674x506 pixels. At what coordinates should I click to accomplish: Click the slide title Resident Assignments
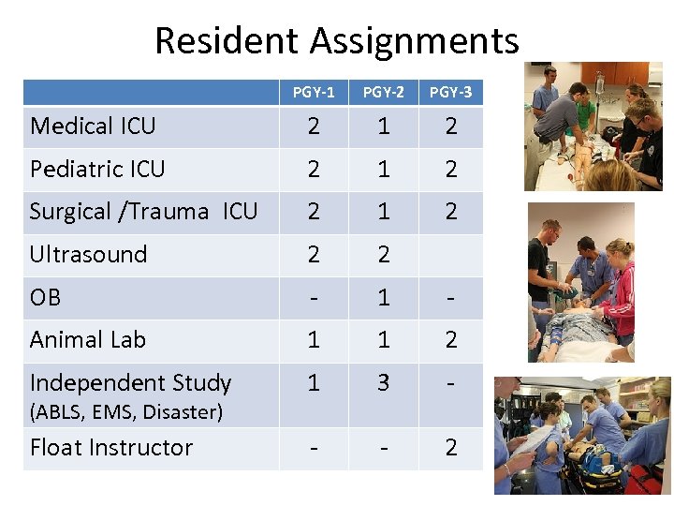(x=336, y=41)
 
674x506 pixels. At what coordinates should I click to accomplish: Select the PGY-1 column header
(x=314, y=92)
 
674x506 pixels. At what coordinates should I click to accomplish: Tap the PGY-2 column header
(x=384, y=92)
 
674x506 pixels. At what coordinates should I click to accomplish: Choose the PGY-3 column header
(x=450, y=92)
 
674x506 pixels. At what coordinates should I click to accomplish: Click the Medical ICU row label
(x=93, y=126)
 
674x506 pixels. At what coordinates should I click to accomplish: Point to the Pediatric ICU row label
(x=97, y=169)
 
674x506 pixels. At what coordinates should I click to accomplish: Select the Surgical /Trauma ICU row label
(x=143, y=212)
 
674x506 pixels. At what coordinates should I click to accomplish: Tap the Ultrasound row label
(x=88, y=254)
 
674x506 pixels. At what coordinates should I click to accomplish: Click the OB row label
(x=45, y=297)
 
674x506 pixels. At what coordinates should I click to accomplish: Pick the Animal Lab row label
(x=87, y=339)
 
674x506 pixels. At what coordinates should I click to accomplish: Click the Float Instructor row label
(x=110, y=447)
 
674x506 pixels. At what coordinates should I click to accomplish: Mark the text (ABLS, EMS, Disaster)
(x=126, y=411)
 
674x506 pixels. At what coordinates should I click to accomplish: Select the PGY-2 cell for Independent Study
(x=384, y=382)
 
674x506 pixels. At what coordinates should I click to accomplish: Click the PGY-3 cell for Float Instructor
(x=450, y=447)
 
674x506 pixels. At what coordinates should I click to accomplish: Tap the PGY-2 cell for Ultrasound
(x=384, y=254)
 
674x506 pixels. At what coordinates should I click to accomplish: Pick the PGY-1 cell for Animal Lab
(x=314, y=339)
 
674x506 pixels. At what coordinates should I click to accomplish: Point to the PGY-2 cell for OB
(x=384, y=297)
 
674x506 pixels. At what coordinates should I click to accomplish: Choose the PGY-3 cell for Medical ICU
(x=450, y=126)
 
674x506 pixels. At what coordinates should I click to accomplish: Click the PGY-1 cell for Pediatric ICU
(x=314, y=169)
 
